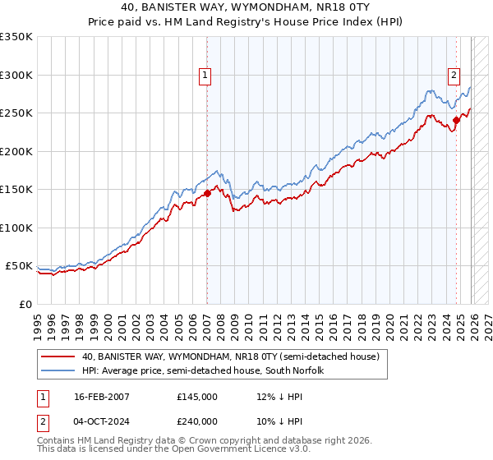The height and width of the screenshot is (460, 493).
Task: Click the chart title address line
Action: [x=246, y=8]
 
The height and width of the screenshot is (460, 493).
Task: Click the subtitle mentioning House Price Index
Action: [x=246, y=22]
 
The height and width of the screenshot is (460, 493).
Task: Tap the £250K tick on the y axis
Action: [x=16, y=113]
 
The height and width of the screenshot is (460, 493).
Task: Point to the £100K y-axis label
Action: [x=16, y=228]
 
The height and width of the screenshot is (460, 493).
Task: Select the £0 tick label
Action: [x=25, y=304]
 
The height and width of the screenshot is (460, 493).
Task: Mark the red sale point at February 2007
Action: [x=207, y=194]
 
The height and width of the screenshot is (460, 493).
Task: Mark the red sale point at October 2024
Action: [x=456, y=121]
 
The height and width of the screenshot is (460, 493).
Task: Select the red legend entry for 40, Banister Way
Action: [x=229, y=357]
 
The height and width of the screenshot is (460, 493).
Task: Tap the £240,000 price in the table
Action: [x=197, y=421]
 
